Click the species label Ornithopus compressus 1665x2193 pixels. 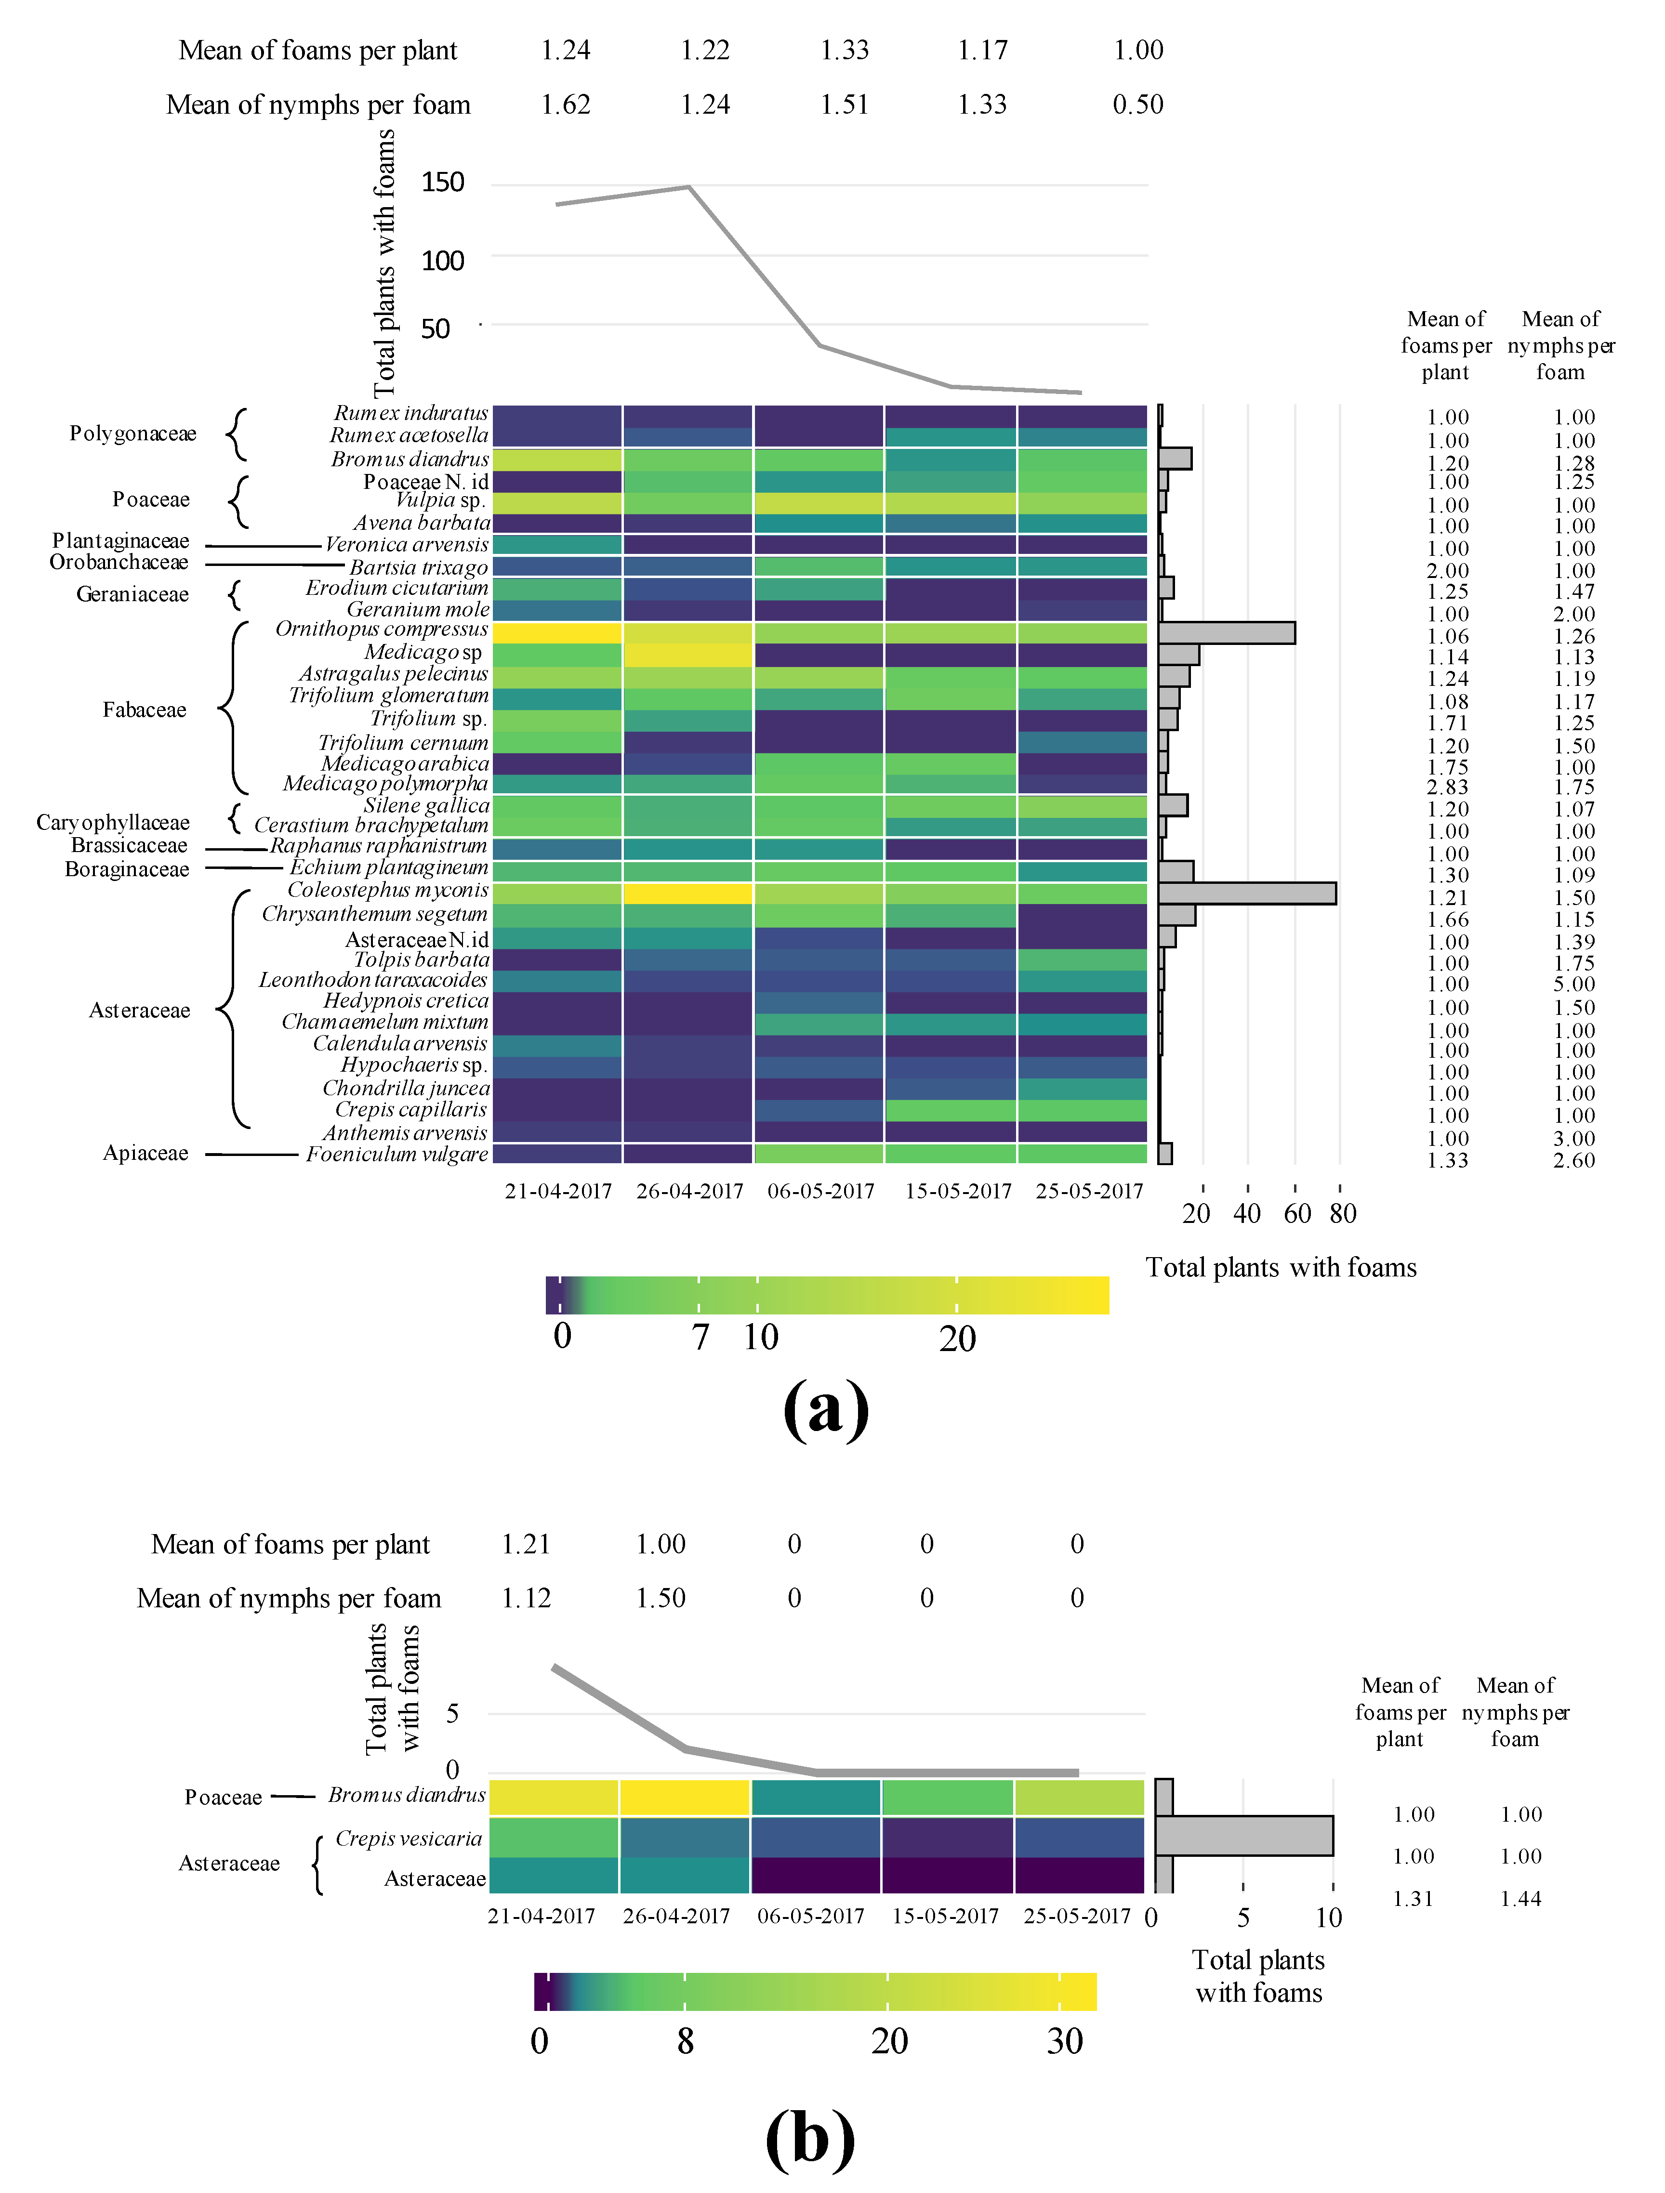click(382, 630)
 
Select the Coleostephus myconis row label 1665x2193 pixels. click(388, 890)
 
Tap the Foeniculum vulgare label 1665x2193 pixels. click(396, 1154)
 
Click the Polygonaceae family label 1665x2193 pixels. click(133, 433)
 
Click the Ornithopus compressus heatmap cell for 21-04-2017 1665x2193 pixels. click(557, 632)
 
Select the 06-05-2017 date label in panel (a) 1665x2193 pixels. click(821, 1191)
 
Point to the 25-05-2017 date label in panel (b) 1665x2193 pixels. click(1077, 1916)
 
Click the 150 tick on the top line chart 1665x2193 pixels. click(442, 183)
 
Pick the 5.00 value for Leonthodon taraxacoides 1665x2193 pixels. click(1574, 985)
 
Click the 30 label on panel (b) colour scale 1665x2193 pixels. click(1065, 2040)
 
